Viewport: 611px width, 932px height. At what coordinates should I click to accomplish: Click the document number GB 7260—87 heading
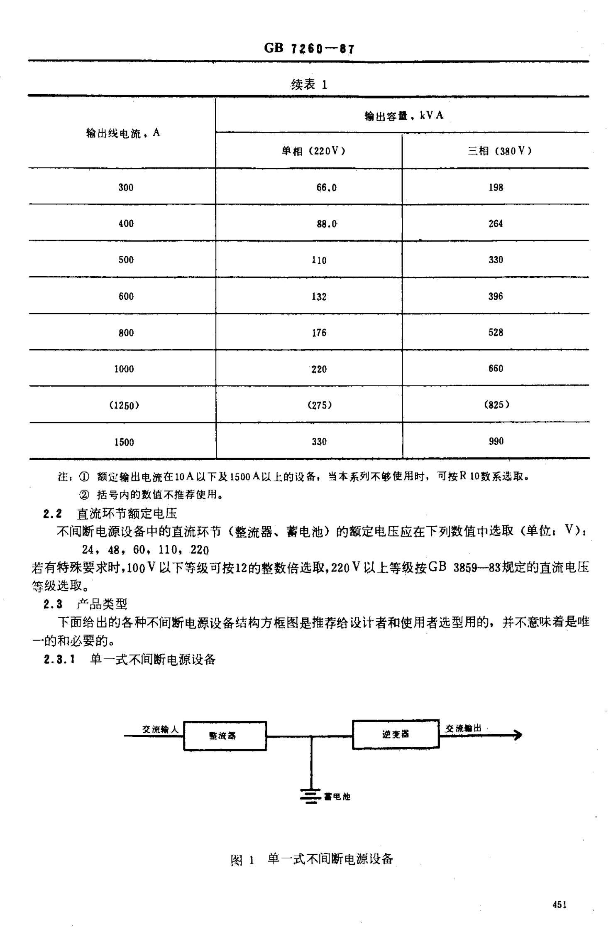(309, 49)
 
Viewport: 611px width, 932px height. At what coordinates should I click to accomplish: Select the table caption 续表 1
(309, 85)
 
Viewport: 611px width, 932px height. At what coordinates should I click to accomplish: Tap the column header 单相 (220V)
(313, 151)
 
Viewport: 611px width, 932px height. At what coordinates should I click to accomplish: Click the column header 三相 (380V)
(500, 151)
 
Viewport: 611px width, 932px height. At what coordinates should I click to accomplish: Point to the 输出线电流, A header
(123, 133)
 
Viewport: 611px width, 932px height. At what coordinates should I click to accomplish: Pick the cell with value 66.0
(326, 187)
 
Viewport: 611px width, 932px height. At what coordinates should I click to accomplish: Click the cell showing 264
(496, 223)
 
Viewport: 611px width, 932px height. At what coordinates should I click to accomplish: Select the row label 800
(126, 333)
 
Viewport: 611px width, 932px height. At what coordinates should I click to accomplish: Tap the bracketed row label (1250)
(124, 405)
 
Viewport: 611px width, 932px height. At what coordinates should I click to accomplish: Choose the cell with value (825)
(496, 405)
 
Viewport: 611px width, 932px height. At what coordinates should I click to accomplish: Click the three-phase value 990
(496, 441)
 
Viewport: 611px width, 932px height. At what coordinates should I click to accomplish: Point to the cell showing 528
(496, 332)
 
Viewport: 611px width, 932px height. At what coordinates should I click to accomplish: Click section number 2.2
(53, 514)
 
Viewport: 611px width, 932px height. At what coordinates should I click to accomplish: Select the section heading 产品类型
(102, 604)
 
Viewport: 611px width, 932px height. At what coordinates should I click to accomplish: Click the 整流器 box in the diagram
(225, 736)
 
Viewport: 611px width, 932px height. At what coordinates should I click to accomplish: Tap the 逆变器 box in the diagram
(396, 734)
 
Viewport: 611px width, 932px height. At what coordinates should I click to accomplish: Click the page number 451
(560, 905)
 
